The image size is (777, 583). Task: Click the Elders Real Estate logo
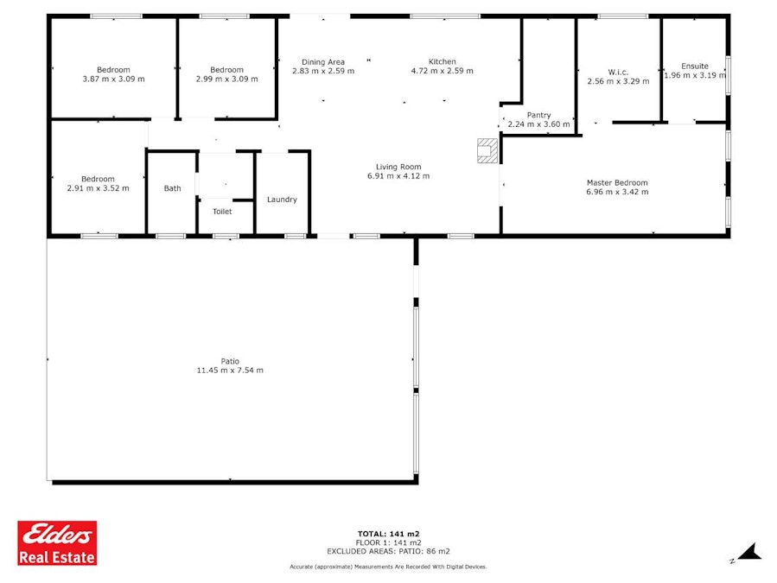click(57, 543)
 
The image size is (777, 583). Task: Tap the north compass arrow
click(749, 552)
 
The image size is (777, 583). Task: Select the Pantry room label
click(538, 115)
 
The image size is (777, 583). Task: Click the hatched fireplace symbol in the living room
click(487, 150)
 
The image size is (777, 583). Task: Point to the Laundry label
click(282, 200)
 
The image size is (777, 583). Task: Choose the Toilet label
click(222, 212)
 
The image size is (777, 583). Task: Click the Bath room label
click(173, 188)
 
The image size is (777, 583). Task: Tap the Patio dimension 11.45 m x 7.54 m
click(230, 370)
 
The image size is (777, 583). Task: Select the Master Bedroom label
click(617, 183)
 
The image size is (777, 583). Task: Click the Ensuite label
click(695, 66)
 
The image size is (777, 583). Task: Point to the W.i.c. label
click(618, 73)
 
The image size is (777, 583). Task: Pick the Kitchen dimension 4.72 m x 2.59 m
click(442, 71)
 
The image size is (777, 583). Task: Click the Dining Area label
click(323, 62)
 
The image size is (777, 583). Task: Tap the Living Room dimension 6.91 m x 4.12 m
click(398, 176)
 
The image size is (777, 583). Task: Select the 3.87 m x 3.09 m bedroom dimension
click(113, 79)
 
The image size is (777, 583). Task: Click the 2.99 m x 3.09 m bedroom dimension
click(227, 79)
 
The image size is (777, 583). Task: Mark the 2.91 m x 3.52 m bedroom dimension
click(99, 188)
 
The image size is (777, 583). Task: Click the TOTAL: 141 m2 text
click(389, 534)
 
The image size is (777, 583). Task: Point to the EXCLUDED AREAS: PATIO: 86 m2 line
click(389, 551)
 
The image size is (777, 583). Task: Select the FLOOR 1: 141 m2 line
click(389, 543)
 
